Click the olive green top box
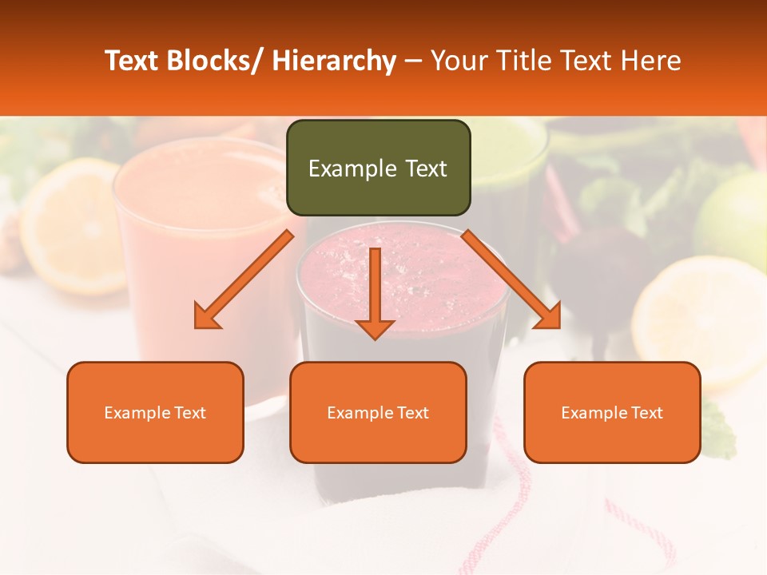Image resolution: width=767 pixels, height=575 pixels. (378, 168)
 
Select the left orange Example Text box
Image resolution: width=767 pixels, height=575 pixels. (155, 412)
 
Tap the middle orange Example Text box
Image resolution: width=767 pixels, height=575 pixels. (378, 412)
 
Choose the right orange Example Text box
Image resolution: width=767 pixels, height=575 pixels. (612, 412)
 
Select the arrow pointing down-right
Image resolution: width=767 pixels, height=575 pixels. (511, 280)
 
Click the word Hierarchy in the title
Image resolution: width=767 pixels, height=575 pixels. (334, 61)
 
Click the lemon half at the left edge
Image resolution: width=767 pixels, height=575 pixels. (68, 224)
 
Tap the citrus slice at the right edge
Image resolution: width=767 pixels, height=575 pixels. (703, 319)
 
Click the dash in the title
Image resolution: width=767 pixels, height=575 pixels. (413, 61)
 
